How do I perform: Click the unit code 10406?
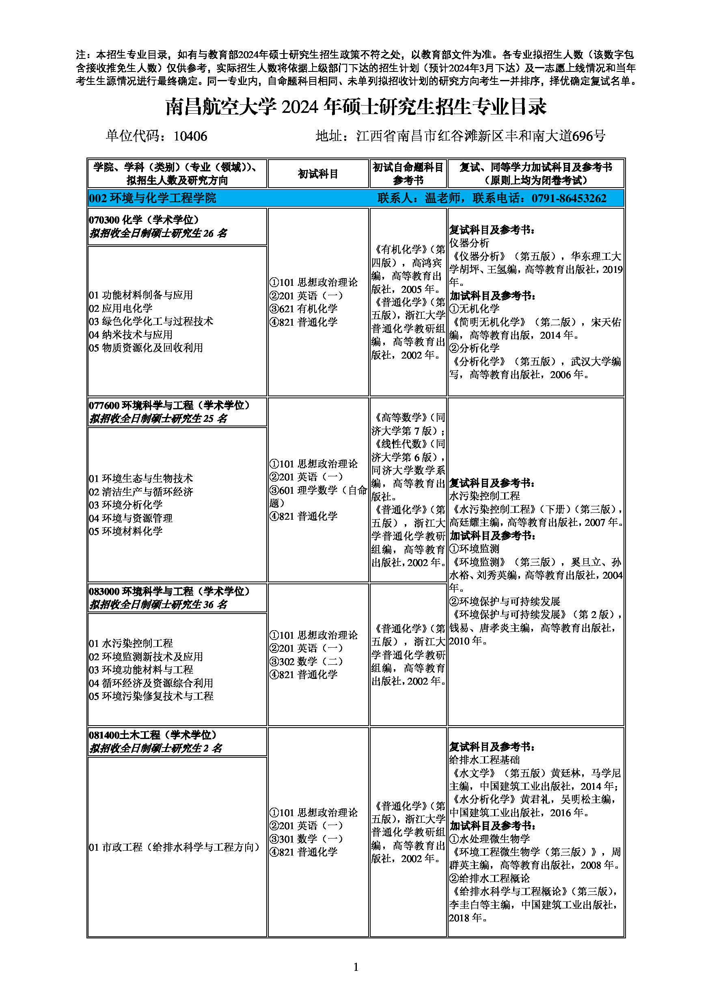point(190,136)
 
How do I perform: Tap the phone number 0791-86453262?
point(569,198)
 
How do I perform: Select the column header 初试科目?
point(318,174)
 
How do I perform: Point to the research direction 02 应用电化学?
point(121,308)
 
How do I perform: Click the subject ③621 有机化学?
point(303,309)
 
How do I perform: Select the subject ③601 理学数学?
point(318,491)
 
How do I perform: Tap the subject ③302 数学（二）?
point(306,661)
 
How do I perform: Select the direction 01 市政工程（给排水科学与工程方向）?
point(175,847)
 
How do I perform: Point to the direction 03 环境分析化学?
point(126,505)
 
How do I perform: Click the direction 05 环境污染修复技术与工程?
point(151,696)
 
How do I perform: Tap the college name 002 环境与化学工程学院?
point(152,198)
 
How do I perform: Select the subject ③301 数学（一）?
point(306,838)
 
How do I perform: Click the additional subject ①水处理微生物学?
point(490,839)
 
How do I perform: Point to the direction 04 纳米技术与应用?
point(131,335)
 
